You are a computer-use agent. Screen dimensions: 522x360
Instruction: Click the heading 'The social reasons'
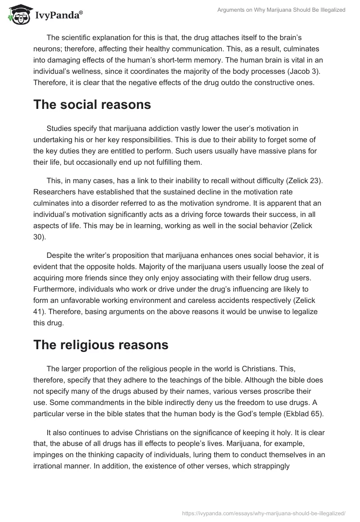pyautogui.click(x=92, y=105)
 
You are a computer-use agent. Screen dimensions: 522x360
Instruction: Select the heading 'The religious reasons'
pyautogui.click(x=101, y=345)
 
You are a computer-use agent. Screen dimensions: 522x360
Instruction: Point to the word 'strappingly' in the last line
pyautogui.click(x=270, y=462)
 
